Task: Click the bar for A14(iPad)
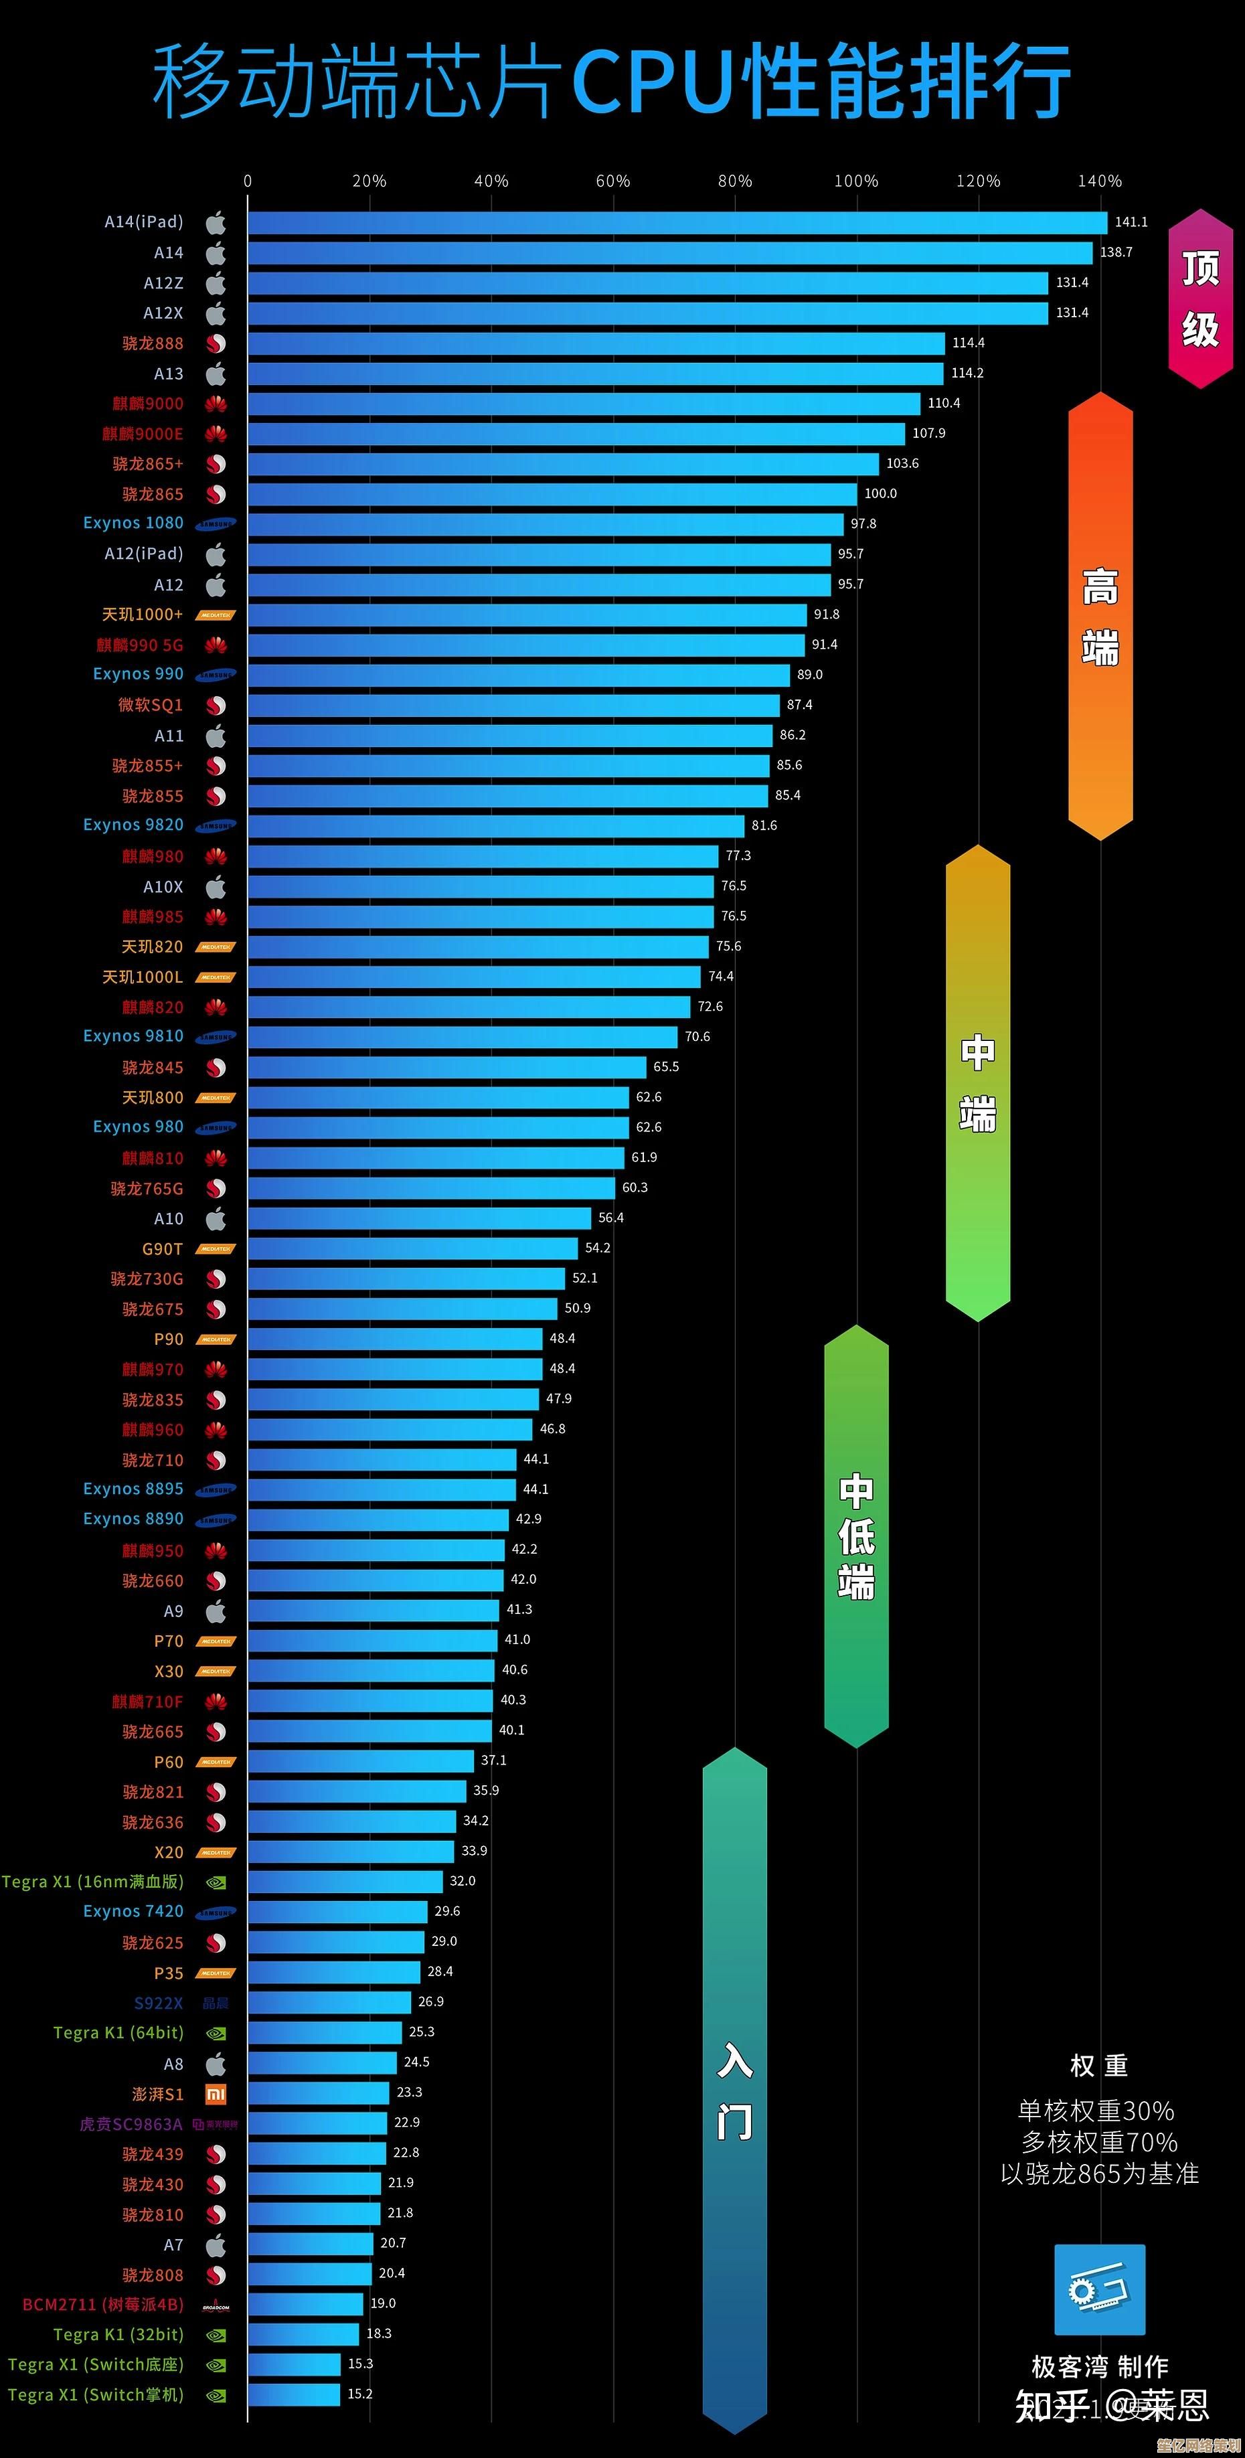pyautogui.click(x=677, y=222)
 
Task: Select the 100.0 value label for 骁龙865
pyautogui.click(x=880, y=493)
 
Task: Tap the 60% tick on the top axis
pyautogui.click(x=612, y=181)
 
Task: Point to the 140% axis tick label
pyautogui.click(x=1099, y=181)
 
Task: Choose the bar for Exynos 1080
pyautogui.click(x=546, y=524)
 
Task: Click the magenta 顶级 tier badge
pyautogui.click(x=1200, y=299)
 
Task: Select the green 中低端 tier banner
pyautogui.click(x=855, y=1536)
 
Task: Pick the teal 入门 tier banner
pyautogui.click(x=734, y=2090)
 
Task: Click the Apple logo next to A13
pyautogui.click(x=217, y=373)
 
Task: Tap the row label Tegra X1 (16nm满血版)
pyautogui.click(x=92, y=1882)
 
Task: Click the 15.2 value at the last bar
pyautogui.click(x=359, y=2394)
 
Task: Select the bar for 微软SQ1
pyautogui.click(x=513, y=705)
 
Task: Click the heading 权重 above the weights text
pyautogui.click(x=1098, y=2066)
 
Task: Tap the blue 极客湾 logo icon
pyautogui.click(x=1099, y=2290)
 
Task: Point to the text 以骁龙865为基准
pyautogui.click(x=1099, y=2174)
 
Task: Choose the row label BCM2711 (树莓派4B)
pyautogui.click(x=103, y=2304)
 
